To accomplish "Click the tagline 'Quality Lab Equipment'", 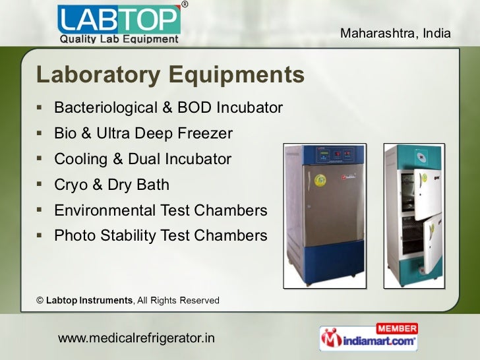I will click(x=119, y=39).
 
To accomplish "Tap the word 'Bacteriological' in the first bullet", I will click(x=97, y=107).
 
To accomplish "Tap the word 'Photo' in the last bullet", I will click(x=75, y=235).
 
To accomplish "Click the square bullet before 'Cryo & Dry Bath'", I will click(x=41, y=185).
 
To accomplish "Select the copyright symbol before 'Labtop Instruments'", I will click(x=40, y=301).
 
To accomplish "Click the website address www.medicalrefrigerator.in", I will click(x=137, y=339).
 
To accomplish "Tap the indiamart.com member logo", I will click(x=369, y=338).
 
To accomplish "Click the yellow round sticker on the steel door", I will click(x=321, y=179).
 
